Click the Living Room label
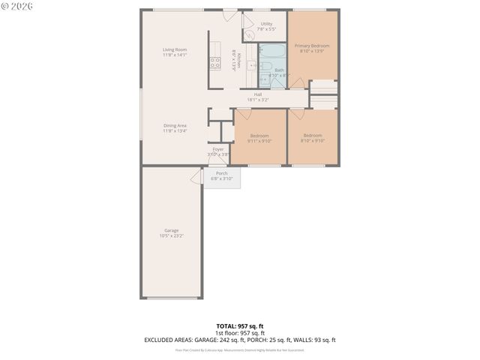(x=175, y=49)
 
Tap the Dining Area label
(x=175, y=125)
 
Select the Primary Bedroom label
(x=311, y=46)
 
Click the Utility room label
(x=266, y=24)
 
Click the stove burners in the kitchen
(x=214, y=63)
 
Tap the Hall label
(x=257, y=94)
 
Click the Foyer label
(x=218, y=149)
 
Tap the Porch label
(x=222, y=173)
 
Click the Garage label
(x=172, y=230)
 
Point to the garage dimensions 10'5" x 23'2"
(x=172, y=236)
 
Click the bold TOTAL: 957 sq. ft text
(x=240, y=326)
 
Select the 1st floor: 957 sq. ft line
(x=240, y=333)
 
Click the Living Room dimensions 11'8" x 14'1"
(x=175, y=55)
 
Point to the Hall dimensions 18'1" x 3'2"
(x=257, y=100)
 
